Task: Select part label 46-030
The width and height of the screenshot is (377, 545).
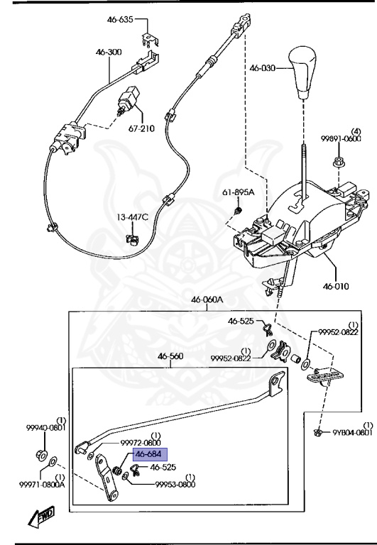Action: [x=262, y=69]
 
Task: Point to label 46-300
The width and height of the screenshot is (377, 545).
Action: [x=111, y=52]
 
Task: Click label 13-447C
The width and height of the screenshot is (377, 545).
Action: [x=133, y=216]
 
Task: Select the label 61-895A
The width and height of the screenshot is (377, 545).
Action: [x=237, y=192]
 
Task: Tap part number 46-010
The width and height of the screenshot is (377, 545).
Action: [x=337, y=286]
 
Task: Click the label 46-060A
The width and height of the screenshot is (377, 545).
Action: [x=207, y=300]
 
